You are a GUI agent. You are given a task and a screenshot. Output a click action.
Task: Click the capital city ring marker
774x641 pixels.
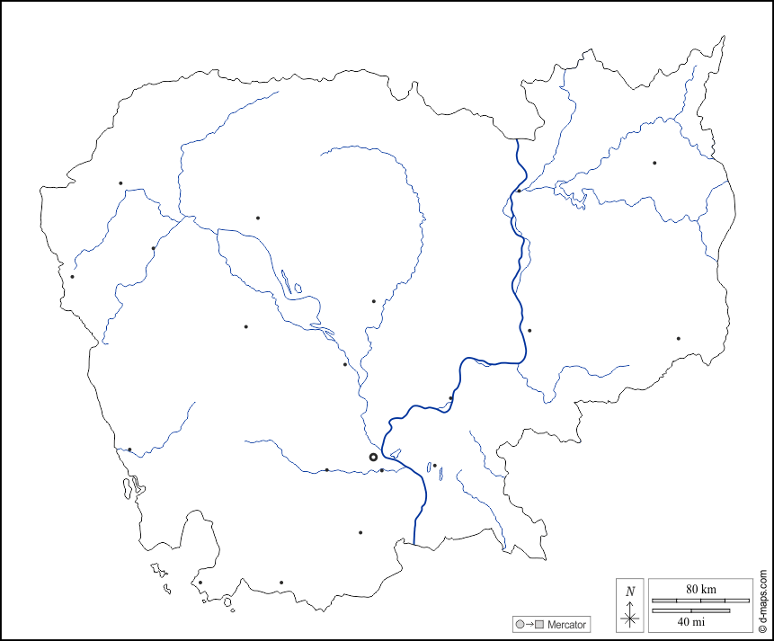point(374,458)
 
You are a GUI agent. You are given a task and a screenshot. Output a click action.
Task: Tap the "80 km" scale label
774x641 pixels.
point(700,589)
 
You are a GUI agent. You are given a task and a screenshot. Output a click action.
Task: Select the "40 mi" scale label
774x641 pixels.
point(690,621)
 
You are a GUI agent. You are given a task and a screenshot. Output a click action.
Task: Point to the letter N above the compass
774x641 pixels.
point(630,591)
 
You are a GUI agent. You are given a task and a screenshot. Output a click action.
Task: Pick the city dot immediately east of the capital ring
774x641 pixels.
point(382,470)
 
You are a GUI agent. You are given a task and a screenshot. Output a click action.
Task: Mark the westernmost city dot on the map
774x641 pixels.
point(72,276)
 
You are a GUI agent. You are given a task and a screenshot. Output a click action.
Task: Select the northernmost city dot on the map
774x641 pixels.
point(654,163)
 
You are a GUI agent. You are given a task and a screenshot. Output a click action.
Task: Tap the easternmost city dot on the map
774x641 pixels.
point(678,338)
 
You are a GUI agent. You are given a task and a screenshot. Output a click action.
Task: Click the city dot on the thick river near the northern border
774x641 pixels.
point(519,191)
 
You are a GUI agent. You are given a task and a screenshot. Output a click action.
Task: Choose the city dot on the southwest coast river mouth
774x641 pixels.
point(129,450)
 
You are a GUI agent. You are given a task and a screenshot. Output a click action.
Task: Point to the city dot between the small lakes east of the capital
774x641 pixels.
point(434,466)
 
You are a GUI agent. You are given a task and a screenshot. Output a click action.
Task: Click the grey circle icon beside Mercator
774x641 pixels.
point(520,624)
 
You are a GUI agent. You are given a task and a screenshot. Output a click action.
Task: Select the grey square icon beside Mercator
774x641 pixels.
point(539,624)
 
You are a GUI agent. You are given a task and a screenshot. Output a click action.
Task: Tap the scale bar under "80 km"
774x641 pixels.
point(700,600)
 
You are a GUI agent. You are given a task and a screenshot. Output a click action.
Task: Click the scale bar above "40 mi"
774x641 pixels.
point(690,610)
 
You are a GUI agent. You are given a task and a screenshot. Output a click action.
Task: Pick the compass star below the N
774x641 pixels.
point(630,617)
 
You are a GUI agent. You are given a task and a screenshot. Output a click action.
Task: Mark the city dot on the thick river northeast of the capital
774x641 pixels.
point(450,397)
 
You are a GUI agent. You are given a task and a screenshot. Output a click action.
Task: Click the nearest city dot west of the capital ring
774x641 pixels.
point(326,469)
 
